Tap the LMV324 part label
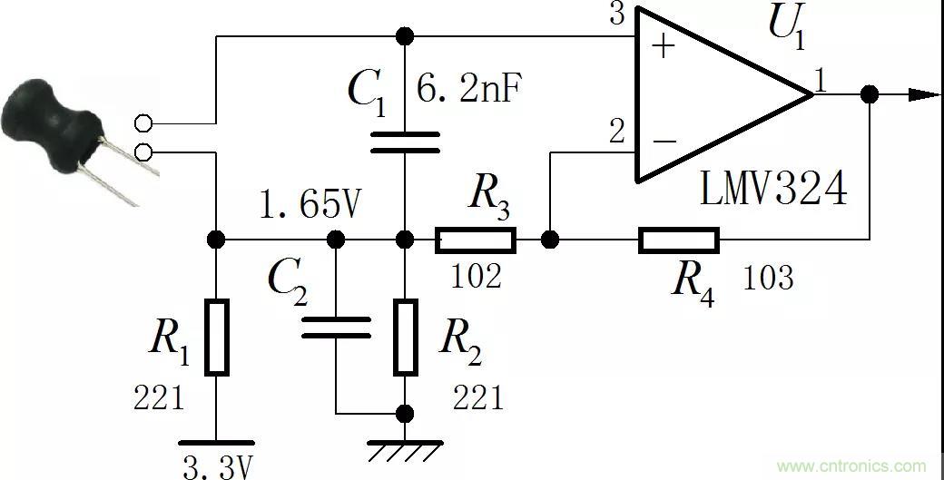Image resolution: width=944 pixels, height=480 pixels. tap(773, 190)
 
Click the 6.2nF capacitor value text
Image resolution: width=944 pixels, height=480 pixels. tap(470, 90)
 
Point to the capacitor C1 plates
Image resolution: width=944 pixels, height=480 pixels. tap(405, 142)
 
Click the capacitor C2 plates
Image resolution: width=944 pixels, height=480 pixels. tap(336, 327)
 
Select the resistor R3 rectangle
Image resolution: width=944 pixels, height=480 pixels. tap(476, 240)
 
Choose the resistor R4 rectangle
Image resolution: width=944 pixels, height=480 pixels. tap(678, 240)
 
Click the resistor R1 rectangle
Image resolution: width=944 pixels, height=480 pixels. tap(216, 336)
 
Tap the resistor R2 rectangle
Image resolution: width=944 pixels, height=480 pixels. tap(405, 336)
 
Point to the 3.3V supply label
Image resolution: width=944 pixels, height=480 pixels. tap(217, 468)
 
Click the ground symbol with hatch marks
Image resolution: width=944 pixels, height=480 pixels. tap(405, 450)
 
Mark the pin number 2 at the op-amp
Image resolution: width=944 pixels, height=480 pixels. tap(617, 132)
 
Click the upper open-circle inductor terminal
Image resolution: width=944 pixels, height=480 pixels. tap(143, 123)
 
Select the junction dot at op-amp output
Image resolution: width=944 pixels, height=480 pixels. tap(870, 94)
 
